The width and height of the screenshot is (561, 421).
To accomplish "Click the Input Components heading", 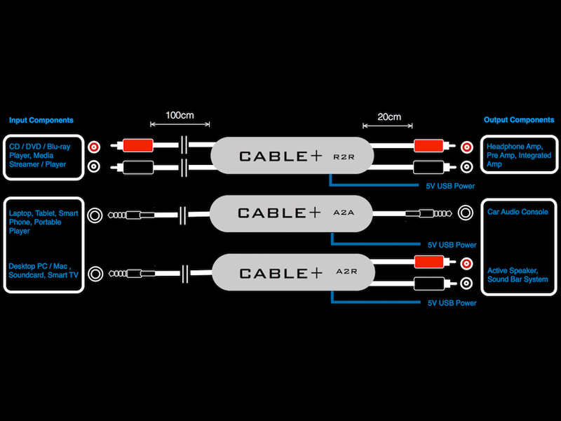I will tap(41, 120).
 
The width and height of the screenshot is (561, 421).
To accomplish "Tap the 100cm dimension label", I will tap(180, 114).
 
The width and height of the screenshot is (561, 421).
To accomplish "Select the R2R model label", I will tap(344, 157).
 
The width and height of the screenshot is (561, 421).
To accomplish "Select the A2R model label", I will tap(344, 271).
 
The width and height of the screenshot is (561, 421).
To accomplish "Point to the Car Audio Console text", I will tap(518, 212).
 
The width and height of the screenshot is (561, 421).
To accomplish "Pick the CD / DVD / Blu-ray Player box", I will tap(42, 155).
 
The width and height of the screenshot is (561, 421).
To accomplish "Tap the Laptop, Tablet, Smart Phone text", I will tap(43, 221).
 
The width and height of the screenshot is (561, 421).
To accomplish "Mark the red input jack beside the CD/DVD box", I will tap(94, 147).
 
